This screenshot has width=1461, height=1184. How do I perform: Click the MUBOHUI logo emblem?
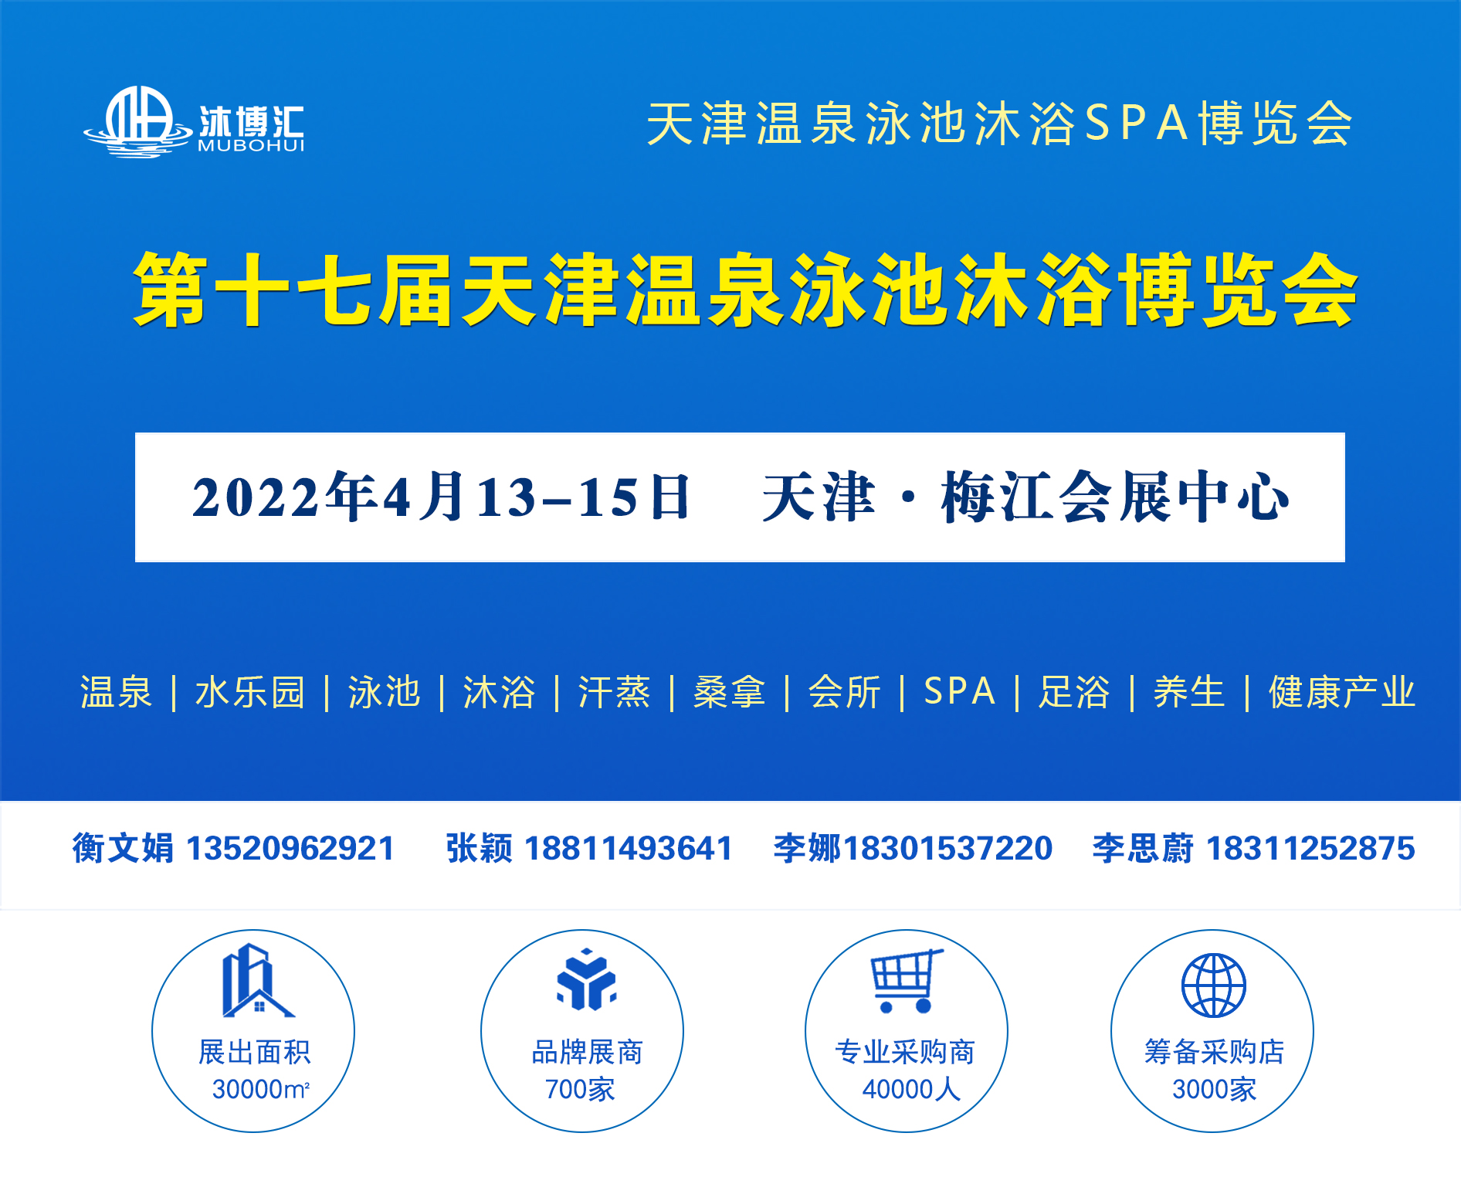click(137, 122)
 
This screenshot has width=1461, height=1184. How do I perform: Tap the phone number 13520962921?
click(290, 848)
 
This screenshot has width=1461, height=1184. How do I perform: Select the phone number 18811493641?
click(628, 848)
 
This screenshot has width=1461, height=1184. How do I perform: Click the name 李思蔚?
click(1143, 848)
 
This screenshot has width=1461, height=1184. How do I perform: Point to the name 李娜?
click(807, 848)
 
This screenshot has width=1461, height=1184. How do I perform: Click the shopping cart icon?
click(906, 981)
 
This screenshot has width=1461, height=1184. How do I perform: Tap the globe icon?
click(1213, 985)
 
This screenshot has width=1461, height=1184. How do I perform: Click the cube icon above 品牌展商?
click(586, 980)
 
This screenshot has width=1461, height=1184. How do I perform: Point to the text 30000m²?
click(260, 1089)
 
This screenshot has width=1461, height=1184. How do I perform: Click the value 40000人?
click(911, 1089)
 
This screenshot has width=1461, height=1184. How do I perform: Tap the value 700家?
click(579, 1089)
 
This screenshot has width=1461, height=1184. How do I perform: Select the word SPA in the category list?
click(959, 691)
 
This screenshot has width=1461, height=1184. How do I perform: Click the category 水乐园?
click(249, 691)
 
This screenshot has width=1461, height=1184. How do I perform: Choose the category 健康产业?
click(1341, 691)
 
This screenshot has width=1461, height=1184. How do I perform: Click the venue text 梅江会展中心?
click(1115, 497)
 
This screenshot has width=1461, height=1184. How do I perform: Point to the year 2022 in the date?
click(256, 497)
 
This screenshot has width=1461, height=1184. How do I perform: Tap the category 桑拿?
click(729, 691)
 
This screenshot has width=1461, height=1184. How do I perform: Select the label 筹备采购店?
click(1214, 1052)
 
